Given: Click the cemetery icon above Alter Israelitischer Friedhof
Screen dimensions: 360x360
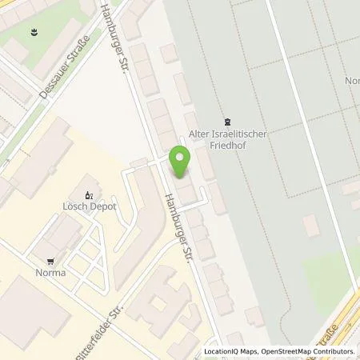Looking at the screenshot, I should (228, 121).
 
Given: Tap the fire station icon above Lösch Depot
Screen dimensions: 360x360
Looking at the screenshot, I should (89, 194).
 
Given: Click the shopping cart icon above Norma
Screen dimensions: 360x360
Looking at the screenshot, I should (51, 260).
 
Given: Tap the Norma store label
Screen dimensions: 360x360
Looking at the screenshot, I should (51, 272).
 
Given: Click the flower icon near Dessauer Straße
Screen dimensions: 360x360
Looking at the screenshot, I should (35, 32).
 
